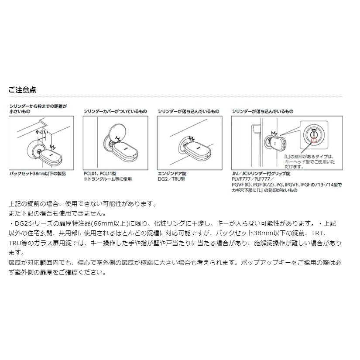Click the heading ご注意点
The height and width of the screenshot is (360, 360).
[x=22, y=90]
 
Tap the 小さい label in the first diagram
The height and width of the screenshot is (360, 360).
[x=41, y=131]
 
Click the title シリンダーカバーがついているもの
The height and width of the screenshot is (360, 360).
[x=115, y=112]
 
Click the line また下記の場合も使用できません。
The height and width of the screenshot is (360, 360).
[x=56, y=213]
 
